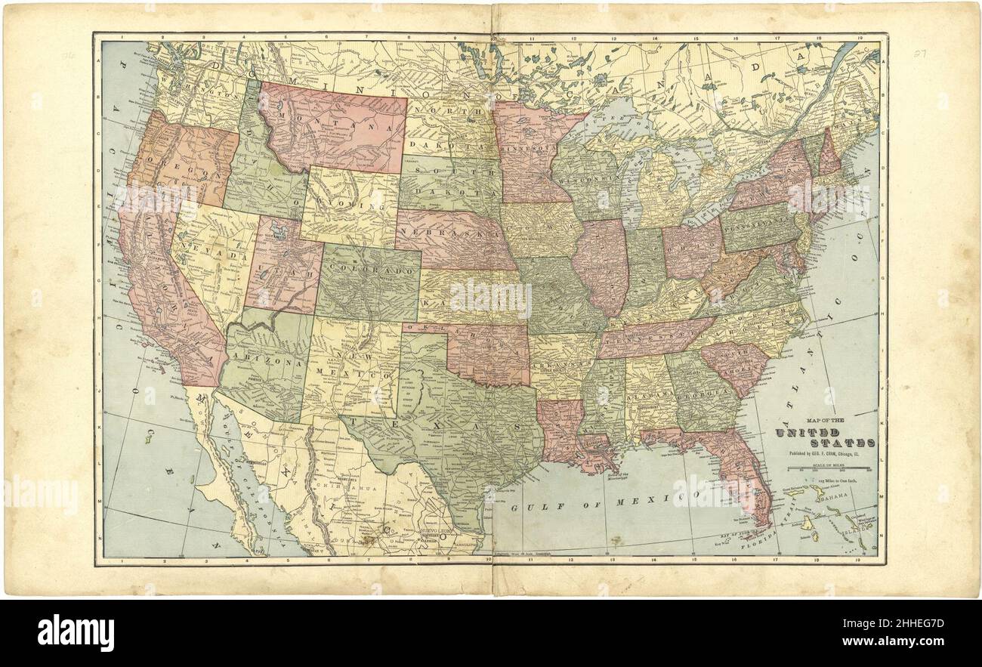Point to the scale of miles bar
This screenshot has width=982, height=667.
point(830,469)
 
